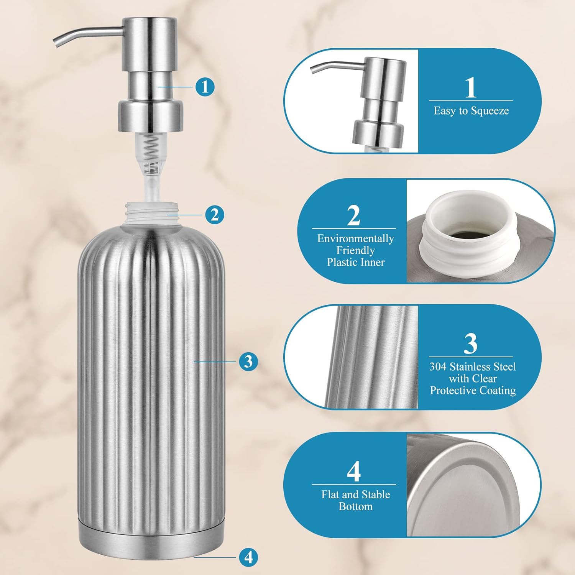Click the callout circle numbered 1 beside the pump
tap(205, 87)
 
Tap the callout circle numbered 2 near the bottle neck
tap(214, 215)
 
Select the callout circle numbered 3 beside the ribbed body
tap(248, 361)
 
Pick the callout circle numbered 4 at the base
tap(248, 557)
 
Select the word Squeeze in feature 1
tap(490, 111)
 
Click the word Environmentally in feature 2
tap(355, 239)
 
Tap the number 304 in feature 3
tap(438, 367)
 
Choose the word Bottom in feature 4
tap(355, 506)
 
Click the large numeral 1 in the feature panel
tap(471, 87)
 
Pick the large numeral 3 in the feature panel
tap(471, 343)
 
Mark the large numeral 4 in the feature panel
tap(353, 472)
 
